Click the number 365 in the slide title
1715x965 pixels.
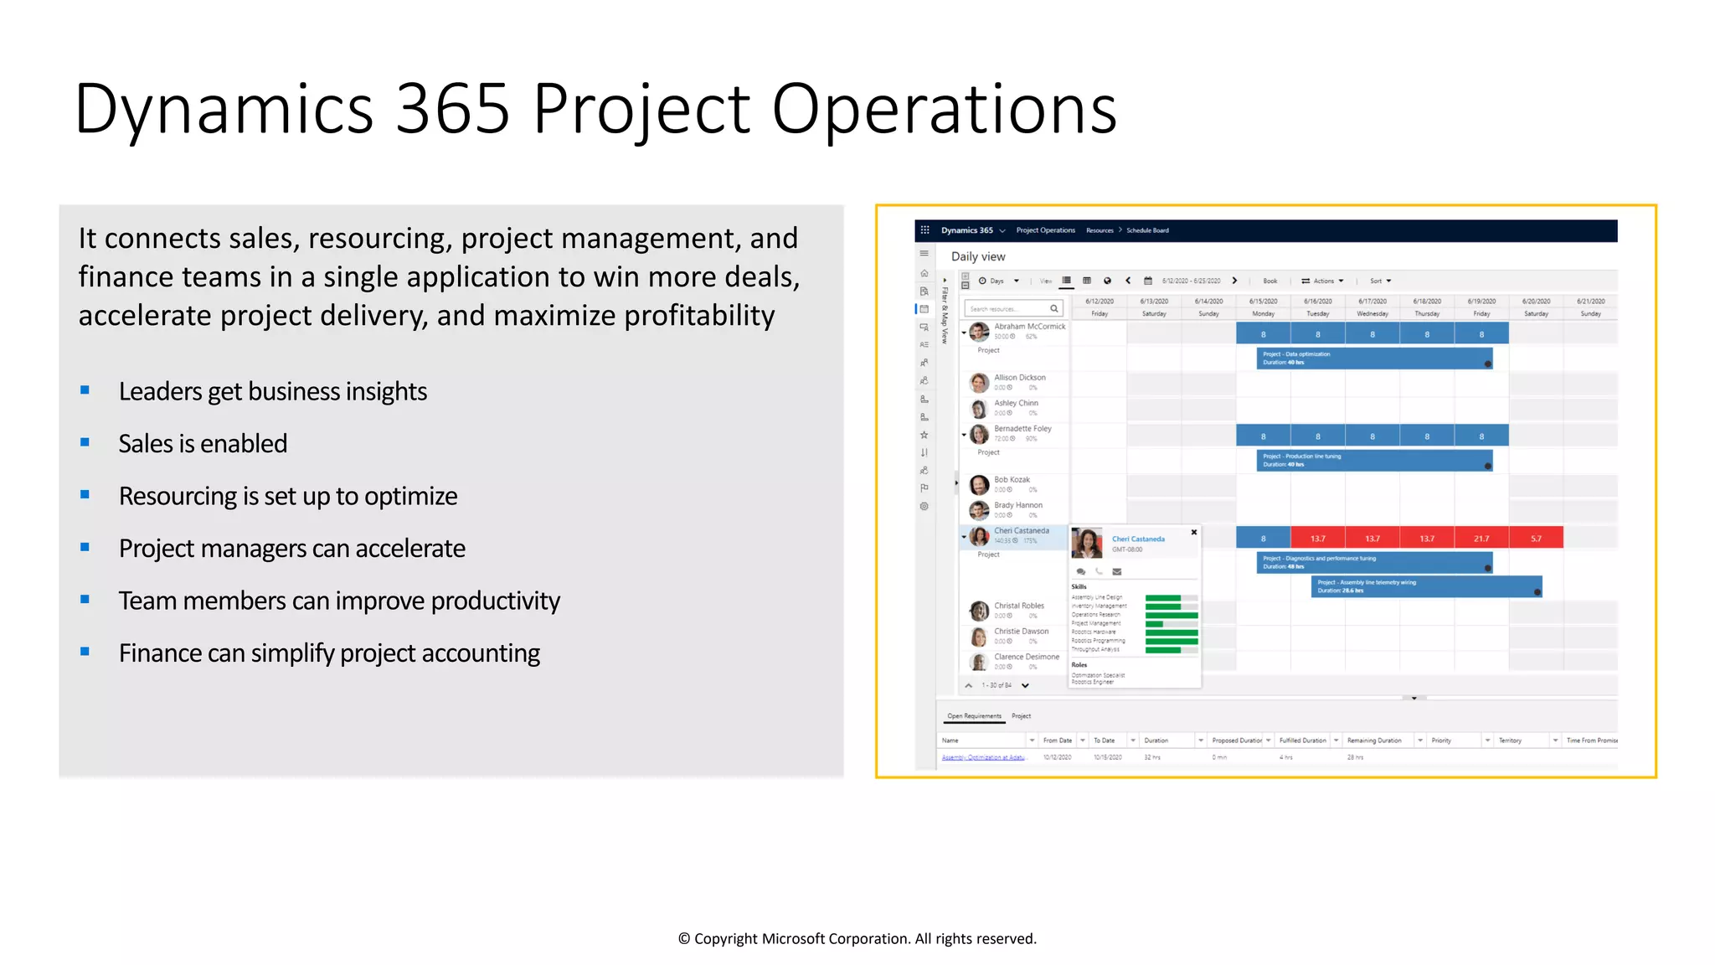coord(452,109)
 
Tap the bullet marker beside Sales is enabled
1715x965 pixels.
coord(85,442)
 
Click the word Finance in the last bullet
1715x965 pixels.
coord(159,653)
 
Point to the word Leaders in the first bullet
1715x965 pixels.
coord(160,392)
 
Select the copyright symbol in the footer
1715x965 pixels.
coord(684,939)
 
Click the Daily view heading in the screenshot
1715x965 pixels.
coord(978,256)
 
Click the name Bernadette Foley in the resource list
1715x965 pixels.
coord(1022,429)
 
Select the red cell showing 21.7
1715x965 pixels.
coord(1481,538)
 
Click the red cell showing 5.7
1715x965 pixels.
coord(1536,538)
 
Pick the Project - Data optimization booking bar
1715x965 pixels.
coord(1373,359)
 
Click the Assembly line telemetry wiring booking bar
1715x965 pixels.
coord(1426,586)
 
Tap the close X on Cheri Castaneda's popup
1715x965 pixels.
coord(1194,533)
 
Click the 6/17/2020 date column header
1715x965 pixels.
coord(1373,302)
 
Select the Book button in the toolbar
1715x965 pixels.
coord(1270,281)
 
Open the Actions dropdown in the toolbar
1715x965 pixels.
coord(1323,281)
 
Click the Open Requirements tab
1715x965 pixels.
coord(974,716)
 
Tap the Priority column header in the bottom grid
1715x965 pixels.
coord(1441,741)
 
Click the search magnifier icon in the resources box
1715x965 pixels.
coord(1054,309)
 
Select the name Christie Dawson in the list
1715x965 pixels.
coord(1021,632)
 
